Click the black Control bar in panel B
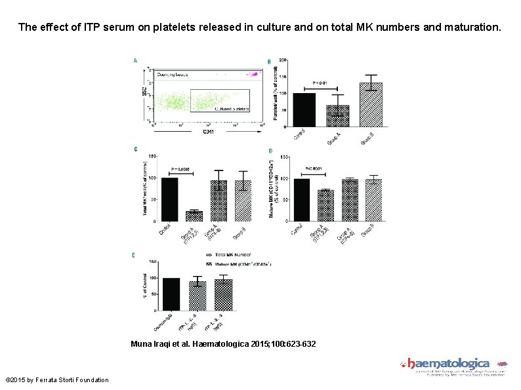pyautogui.click(x=304, y=109)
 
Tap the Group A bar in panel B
pyautogui.click(x=337, y=115)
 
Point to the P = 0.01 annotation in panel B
pyautogui.click(x=320, y=83)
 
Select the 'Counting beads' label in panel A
pyautogui.click(x=172, y=75)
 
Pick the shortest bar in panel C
pyautogui.click(x=194, y=216)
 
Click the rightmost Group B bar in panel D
pyautogui.click(x=373, y=200)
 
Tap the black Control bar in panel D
pyautogui.click(x=302, y=199)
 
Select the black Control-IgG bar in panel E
pyautogui.click(x=171, y=294)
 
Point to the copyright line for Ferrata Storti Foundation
pyautogui.click(x=57, y=380)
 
